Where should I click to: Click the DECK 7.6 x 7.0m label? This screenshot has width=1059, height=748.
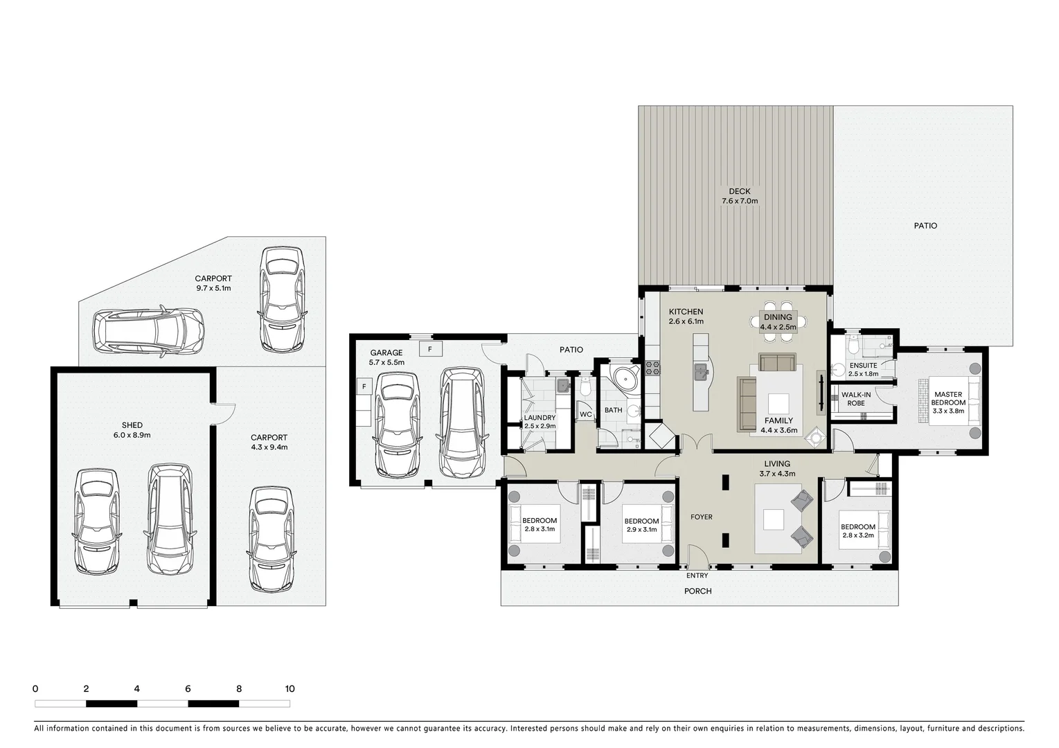click(739, 196)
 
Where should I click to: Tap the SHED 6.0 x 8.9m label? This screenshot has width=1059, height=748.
click(132, 430)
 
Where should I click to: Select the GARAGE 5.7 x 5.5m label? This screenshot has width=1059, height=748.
click(386, 357)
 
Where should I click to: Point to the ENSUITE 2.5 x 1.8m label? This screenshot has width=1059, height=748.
click(863, 369)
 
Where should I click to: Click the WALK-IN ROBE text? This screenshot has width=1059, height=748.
click(855, 399)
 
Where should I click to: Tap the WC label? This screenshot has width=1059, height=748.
click(585, 415)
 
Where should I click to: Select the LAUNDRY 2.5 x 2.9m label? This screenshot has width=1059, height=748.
click(540, 422)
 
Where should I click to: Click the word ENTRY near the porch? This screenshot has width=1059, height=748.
click(697, 576)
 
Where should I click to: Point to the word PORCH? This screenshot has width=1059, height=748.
click(697, 591)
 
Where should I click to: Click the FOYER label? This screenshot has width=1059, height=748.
click(701, 517)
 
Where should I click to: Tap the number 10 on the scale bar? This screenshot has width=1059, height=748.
click(290, 688)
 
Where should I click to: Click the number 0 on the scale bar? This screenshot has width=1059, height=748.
click(35, 688)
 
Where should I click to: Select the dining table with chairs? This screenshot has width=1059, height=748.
click(778, 322)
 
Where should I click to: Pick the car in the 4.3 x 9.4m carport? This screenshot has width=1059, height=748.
click(271, 539)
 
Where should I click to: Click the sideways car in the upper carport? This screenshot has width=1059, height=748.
click(148, 330)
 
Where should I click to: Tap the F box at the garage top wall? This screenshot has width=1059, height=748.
click(430, 349)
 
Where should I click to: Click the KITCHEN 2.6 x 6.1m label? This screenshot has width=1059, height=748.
click(686, 317)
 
